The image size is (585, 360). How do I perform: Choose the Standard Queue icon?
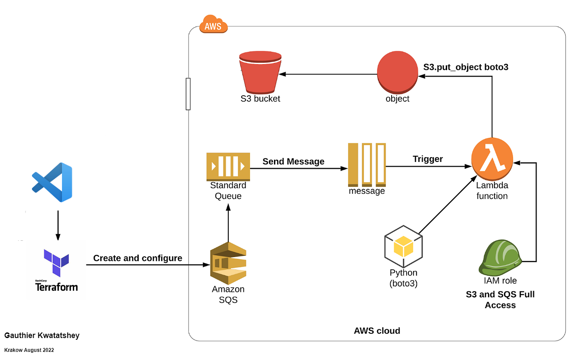pyautogui.click(x=228, y=166)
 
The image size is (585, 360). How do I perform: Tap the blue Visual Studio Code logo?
pyautogui.click(x=53, y=182)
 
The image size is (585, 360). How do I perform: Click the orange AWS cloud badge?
pyautogui.click(x=213, y=26)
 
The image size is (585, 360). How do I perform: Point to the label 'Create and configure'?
pyautogui.click(x=138, y=258)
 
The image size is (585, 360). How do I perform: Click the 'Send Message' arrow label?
pyautogui.click(x=293, y=161)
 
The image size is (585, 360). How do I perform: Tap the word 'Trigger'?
pyautogui.click(x=428, y=159)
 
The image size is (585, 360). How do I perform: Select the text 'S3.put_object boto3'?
pyautogui.click(x=466, y=67)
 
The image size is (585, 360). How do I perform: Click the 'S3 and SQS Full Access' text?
pyautogui.click(x=500, y=300)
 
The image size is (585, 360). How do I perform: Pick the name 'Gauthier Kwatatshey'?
pyautogui.click(x=42, y=335)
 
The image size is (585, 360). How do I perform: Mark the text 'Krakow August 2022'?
pyautogui.click(x=29, y=350)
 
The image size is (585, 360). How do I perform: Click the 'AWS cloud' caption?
pyautogui.click(x=377, y=331)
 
